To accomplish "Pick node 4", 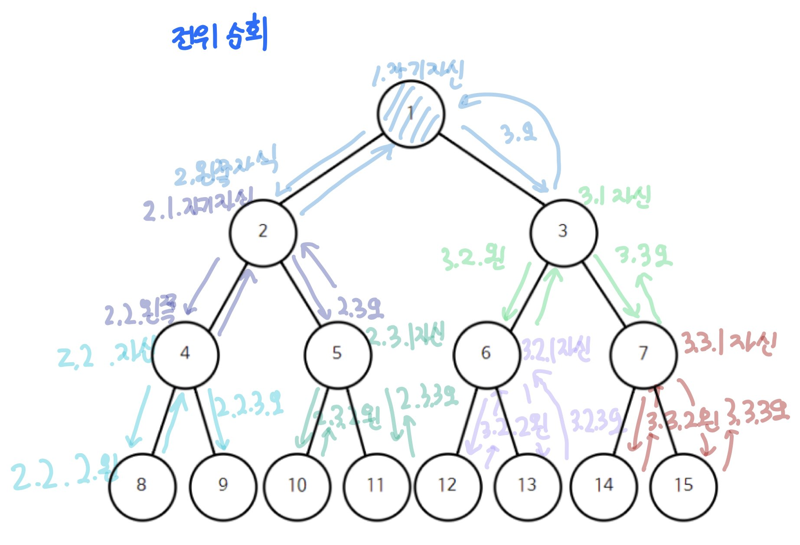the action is (185, 354).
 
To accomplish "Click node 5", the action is (338, 354).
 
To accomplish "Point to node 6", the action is (487, 354).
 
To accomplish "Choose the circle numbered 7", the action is (643, 354).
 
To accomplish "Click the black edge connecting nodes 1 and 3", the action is (491, 169).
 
